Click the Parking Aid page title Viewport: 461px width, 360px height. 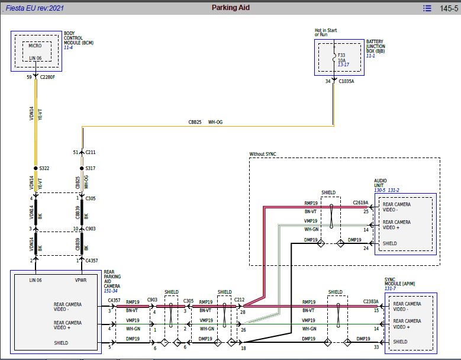pos(231,8)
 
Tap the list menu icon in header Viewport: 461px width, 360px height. pos(427,8)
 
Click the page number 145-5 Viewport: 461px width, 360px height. pos(449,8)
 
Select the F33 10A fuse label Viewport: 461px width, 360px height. pos(341,57)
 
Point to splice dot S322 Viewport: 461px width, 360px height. pos(36,168)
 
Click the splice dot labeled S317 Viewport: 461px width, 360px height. pos(82,168)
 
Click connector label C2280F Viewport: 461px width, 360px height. pos(47,77)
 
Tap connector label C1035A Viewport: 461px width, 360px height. pos(346,81)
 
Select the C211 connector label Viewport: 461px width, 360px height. pos(91,152)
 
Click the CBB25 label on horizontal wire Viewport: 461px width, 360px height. pos(195,122)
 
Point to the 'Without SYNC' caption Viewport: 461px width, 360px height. pos(263,154)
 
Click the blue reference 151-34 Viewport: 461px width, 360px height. pos(111,291)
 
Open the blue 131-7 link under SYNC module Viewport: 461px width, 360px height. pos(390,288)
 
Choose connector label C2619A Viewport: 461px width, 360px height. pos(360,202)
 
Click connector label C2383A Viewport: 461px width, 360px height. pos(370,301)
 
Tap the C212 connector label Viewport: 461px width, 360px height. pos(239,300)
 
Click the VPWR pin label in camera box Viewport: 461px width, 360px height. pos(81,280)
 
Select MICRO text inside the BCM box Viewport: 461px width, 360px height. pos(35,46)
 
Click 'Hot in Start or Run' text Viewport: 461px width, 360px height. pos(325,32)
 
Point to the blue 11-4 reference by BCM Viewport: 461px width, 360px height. pos(68,47)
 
